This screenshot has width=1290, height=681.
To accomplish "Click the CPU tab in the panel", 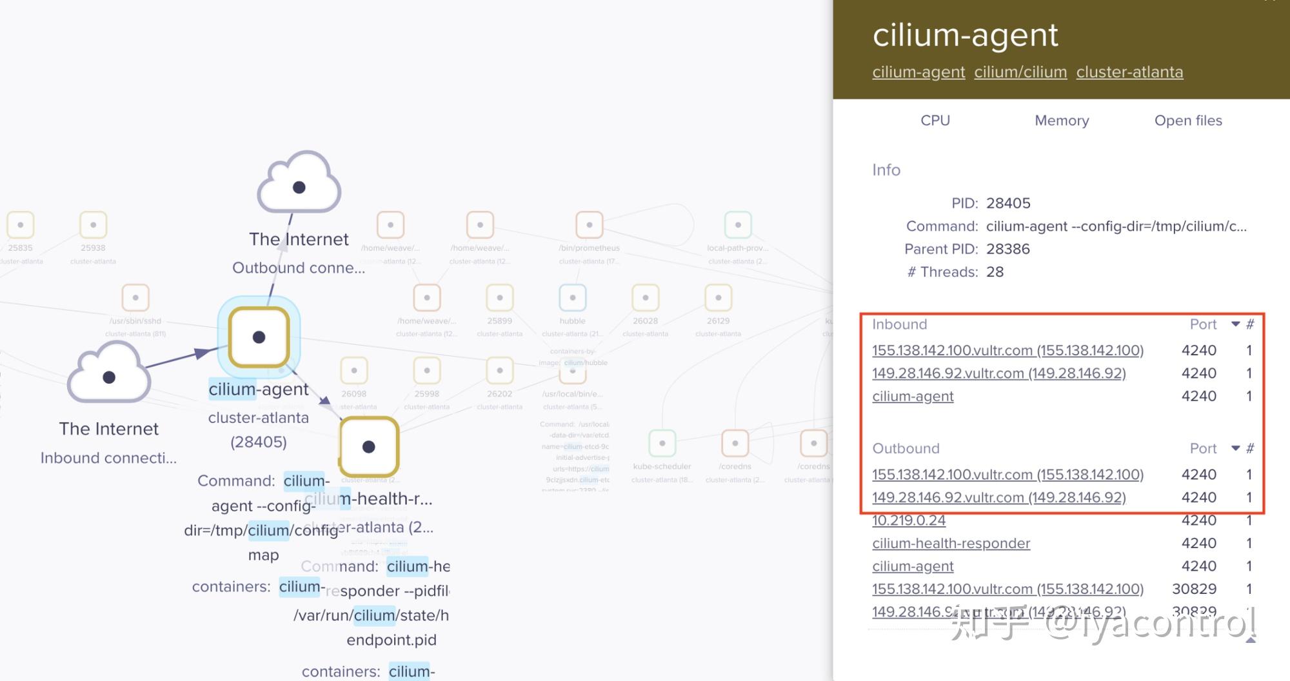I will tap(935, 121).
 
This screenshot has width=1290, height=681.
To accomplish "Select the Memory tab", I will tap(1061, 121).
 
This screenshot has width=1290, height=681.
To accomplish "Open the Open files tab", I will tap(1187, 121).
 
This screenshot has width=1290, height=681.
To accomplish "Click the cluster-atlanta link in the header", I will tap(1129, 72).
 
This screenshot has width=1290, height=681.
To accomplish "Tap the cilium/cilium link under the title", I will tap(1020, 72).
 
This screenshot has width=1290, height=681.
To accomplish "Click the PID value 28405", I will tap(1008, 203).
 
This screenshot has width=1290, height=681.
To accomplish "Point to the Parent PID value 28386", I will tap(1007, 249).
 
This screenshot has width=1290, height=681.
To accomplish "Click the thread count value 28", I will tap(995, 271).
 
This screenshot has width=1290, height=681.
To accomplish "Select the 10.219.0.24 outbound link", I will tap(909, 520).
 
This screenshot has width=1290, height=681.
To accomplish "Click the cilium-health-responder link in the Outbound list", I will tap(951, 543).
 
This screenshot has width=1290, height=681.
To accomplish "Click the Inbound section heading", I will tap(899, 324).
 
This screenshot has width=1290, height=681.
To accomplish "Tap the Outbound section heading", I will tap(906, 448).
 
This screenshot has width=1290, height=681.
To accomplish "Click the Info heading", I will tap(886, 170).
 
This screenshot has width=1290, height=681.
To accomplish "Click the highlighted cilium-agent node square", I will tap(259, 337).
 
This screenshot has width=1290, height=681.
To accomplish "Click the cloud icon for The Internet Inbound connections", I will tap(109, 375).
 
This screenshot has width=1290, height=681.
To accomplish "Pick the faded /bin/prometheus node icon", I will tap(589, 225).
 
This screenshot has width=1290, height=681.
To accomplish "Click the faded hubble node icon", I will tap(572, 298).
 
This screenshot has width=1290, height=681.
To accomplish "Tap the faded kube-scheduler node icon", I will tap(662, 443).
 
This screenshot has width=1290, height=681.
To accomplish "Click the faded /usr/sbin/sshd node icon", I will tap(135, 298).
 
